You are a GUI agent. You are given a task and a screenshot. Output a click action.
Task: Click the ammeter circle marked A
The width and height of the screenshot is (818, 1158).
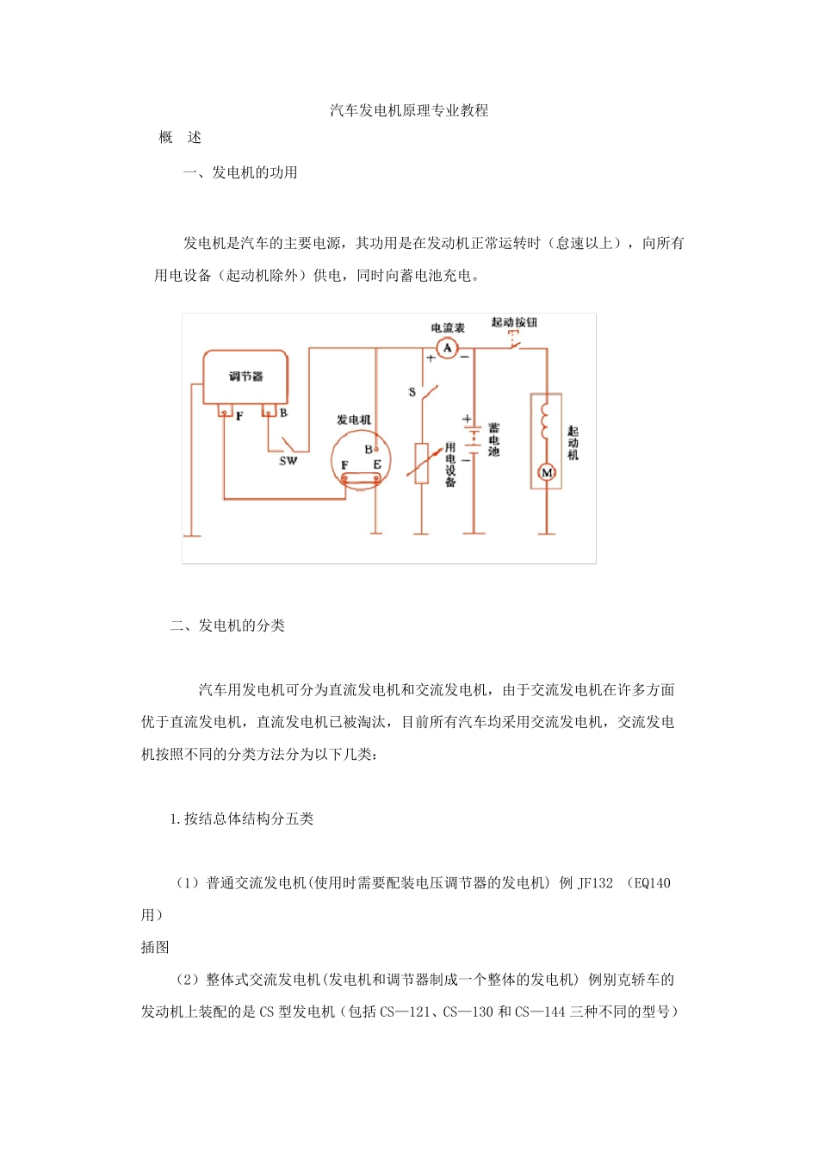446,348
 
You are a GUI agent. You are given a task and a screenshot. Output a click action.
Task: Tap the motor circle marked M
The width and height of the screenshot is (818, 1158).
546,472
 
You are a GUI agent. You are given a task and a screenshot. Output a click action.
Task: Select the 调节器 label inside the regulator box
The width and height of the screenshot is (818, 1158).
245,377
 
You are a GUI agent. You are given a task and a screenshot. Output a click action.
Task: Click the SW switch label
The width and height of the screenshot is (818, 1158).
288,461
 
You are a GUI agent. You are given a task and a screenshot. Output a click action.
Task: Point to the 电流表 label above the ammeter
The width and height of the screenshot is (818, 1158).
448,328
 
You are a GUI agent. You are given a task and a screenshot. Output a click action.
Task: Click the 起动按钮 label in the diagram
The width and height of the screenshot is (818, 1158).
514,322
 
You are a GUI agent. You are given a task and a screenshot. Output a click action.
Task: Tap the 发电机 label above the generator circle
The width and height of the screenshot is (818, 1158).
354,420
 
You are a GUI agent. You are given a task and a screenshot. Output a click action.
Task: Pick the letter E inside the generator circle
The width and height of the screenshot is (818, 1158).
376,465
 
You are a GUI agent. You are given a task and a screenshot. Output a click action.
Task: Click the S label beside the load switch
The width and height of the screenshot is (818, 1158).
412,393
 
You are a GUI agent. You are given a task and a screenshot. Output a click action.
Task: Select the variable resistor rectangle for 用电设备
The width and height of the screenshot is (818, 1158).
422,464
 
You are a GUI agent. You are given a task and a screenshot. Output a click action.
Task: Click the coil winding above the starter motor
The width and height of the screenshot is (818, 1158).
544,418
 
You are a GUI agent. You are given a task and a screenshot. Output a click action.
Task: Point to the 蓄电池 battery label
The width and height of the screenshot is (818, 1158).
493,439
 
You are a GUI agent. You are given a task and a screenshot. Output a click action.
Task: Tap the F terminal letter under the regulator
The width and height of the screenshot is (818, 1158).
239,416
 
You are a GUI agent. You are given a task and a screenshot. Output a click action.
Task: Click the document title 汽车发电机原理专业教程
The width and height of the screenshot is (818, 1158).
409,110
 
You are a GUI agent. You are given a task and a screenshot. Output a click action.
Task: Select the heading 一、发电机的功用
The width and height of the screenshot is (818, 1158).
240,172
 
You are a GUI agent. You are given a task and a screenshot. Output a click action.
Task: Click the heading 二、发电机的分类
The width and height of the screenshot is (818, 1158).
227,626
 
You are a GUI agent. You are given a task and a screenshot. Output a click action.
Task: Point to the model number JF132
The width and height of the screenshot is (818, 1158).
595,883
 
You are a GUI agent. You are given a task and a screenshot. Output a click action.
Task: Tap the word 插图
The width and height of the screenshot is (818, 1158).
155,948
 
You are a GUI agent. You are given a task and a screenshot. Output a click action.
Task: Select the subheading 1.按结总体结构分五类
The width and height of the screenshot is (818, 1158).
241,819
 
